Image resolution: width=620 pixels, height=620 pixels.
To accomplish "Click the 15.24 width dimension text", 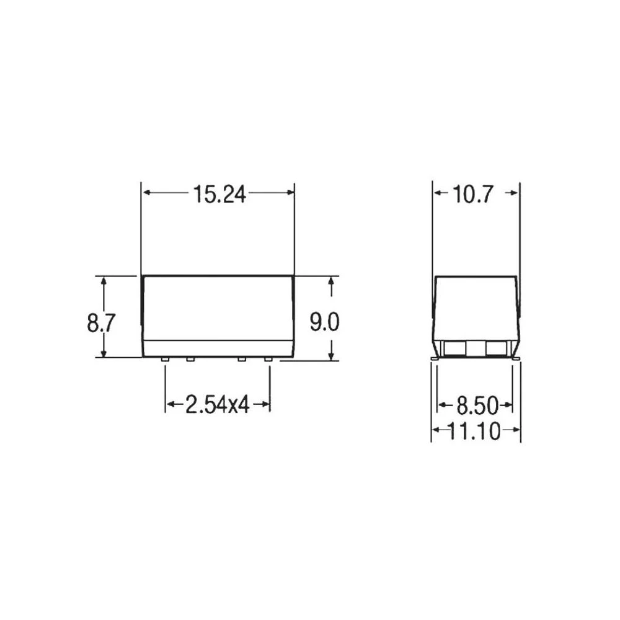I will point(218,194).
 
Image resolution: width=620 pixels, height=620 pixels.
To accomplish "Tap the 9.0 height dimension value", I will point(324,322).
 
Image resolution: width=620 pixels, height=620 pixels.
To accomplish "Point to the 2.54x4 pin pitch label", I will point(217,405).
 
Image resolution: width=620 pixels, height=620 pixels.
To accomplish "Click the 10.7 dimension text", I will point(472,195).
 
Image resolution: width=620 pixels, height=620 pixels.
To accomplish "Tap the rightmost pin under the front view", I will point(268,360).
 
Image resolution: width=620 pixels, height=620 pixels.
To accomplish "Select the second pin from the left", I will point(190,360).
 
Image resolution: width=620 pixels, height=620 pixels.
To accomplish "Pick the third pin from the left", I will point(242,360).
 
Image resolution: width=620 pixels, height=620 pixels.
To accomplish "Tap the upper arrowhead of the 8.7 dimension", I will point(104,281).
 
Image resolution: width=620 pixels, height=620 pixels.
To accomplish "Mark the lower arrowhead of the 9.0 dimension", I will point(332,355).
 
